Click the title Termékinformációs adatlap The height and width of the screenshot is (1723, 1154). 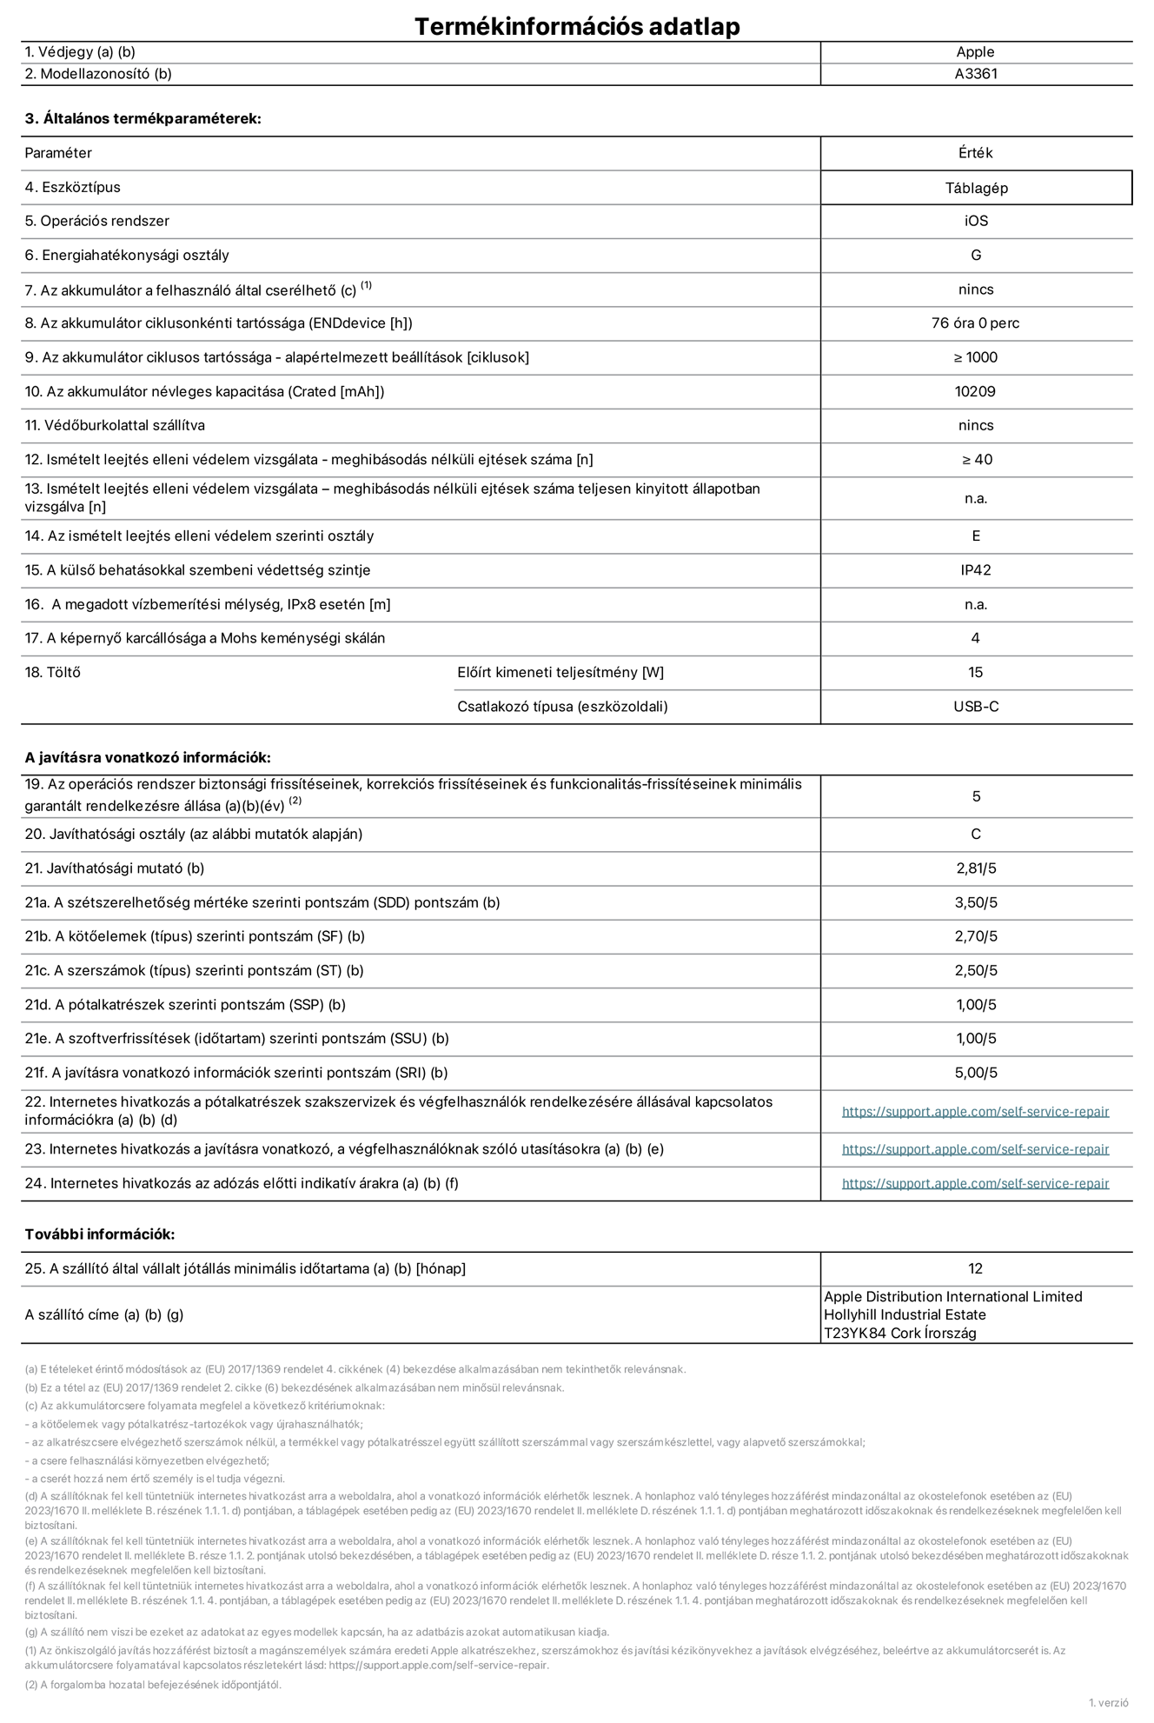(577, 26)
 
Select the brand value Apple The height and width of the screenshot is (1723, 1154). (975, 52)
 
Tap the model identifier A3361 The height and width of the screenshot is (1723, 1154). (975, 74)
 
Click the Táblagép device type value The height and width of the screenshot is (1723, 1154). (976, 188)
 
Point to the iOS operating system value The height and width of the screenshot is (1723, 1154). (976, 221)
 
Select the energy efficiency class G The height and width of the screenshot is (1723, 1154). (976, 255)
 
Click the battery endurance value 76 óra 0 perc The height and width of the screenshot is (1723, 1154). (975, 323)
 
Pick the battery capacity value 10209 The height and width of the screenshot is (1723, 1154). (975, 391)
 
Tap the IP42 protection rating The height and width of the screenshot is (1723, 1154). (975, 570)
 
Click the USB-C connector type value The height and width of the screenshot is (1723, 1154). (975, 707)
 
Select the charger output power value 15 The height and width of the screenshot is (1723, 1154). (975, 672)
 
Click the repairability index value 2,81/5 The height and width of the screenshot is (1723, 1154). (975, 868)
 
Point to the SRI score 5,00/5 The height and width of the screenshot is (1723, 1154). (975, 1073)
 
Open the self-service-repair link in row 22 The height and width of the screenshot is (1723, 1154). (975, 1111)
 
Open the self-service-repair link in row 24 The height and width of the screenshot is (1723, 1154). (975, 1183)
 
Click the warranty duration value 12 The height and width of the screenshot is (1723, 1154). (975, 1268)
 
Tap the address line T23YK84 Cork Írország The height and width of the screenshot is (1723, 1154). (899, 1333)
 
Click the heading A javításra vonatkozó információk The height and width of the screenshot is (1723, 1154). (148, 758)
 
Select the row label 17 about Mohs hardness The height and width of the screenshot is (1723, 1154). (205, 638)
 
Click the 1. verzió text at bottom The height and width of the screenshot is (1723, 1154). (1108, 1702)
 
